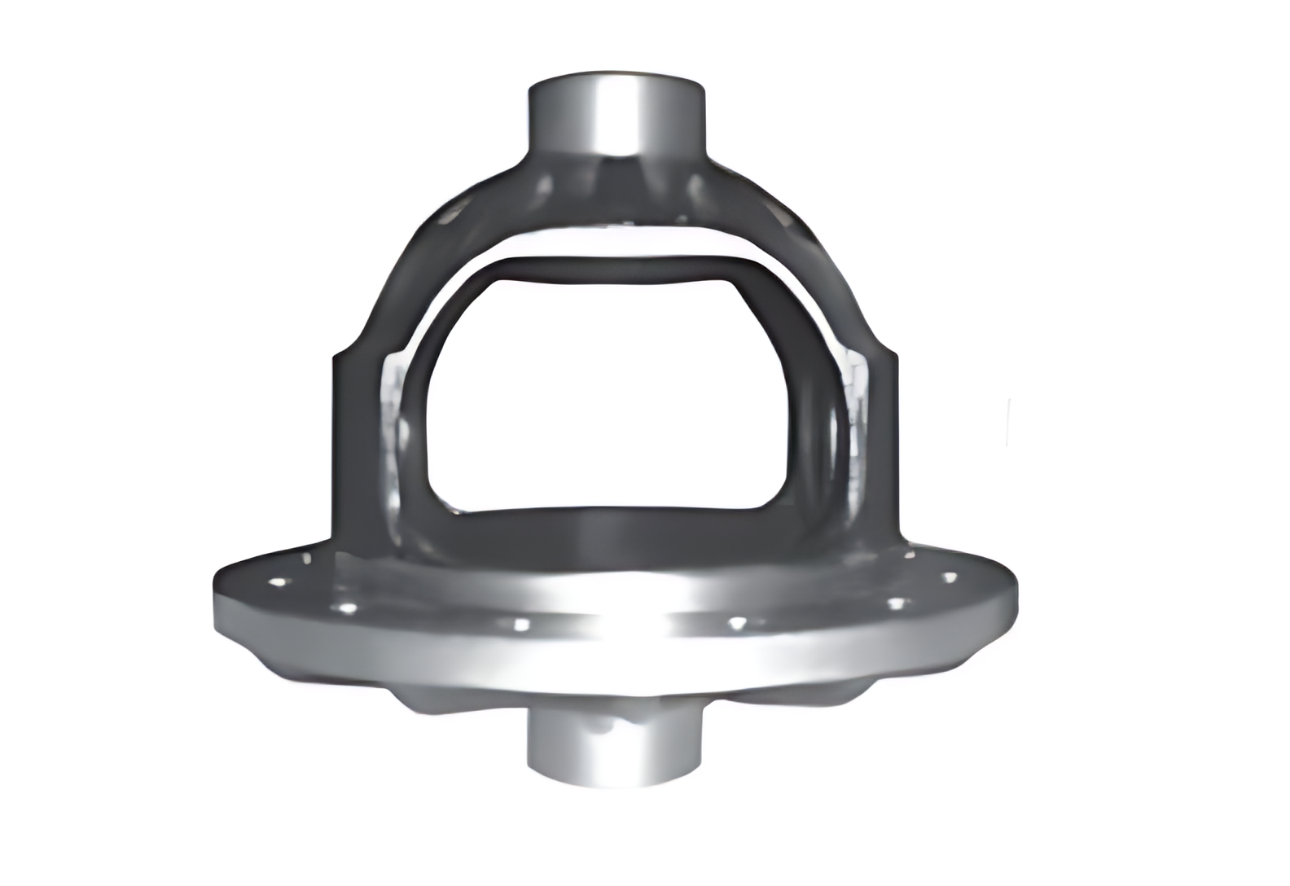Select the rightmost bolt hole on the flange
[x=949, y=577]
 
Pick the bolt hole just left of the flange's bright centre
[x=520, y=625]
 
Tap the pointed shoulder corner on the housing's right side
[x=894, y=353]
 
